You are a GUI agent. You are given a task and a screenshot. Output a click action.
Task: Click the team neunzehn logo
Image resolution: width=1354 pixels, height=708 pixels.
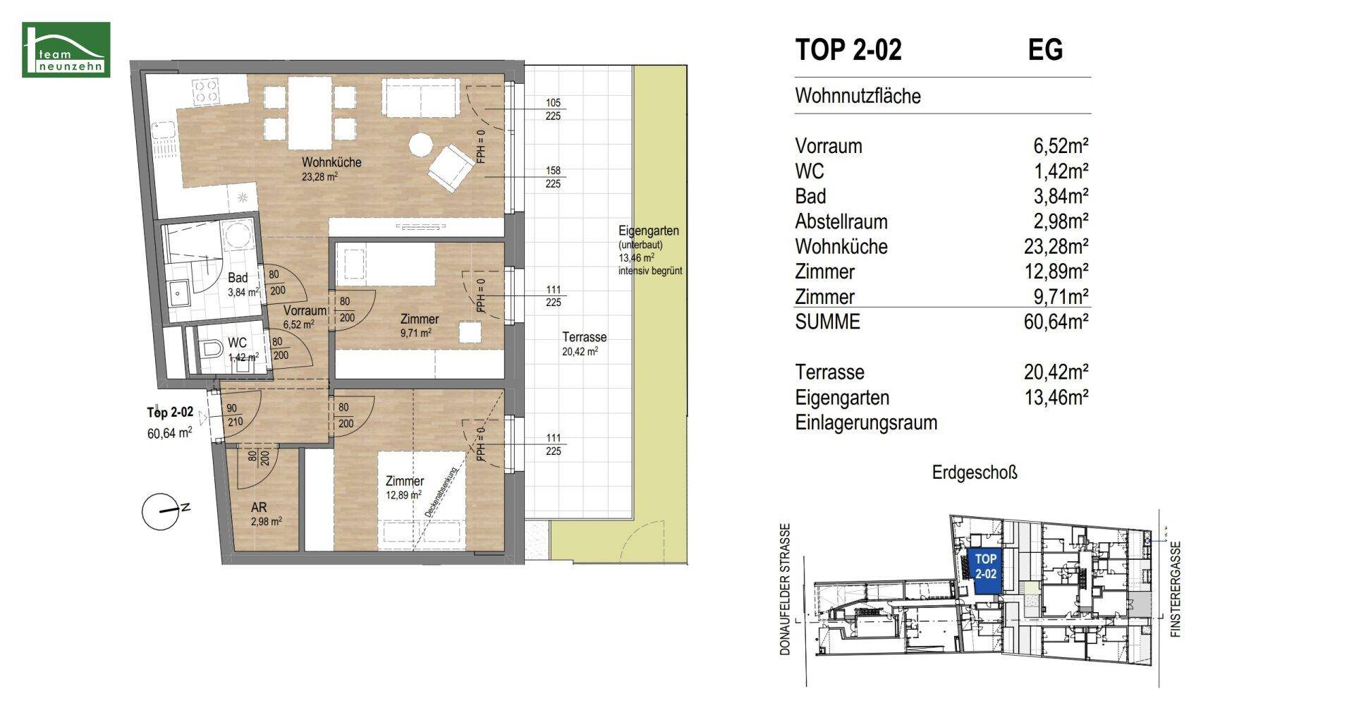(66, 49)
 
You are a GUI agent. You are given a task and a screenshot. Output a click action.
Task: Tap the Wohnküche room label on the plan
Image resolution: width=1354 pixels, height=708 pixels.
(331, 162)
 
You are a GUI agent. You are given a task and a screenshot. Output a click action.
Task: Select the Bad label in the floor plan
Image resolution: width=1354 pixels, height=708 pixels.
(238, 278)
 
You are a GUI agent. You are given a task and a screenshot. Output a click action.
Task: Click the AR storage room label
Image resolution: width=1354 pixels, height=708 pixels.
(258, 508)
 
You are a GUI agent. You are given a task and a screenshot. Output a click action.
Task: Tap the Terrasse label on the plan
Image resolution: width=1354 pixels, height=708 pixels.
(585, 337)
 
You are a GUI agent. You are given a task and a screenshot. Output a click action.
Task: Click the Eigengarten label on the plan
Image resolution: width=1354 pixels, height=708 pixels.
(648, 231)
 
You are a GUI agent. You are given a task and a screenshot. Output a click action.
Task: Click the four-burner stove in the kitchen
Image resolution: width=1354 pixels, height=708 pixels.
(205, 90)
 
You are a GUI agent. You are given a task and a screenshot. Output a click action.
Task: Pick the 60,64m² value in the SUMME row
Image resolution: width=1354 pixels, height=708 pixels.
(1056, 322)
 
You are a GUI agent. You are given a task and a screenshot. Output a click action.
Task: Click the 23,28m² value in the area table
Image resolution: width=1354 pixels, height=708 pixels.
(1056, 246)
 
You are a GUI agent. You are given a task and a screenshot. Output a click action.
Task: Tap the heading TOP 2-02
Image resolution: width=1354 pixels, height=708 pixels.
(848, 49)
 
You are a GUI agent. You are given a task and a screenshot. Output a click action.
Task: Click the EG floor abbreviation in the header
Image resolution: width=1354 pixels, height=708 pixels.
(1045, 49)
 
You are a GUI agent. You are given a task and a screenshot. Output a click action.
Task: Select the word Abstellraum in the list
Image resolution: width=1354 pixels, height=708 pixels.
(841, 221)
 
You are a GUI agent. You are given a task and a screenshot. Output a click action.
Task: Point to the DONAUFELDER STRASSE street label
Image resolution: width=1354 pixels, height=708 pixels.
(786, 590)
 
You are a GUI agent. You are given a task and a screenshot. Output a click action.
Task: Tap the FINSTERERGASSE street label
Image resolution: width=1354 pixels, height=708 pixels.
(1176, 590)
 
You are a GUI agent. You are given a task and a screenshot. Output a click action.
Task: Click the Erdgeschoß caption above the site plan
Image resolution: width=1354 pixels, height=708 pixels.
(975, 472)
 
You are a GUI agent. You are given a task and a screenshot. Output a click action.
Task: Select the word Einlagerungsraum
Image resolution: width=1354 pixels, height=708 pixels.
(866, 423)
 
